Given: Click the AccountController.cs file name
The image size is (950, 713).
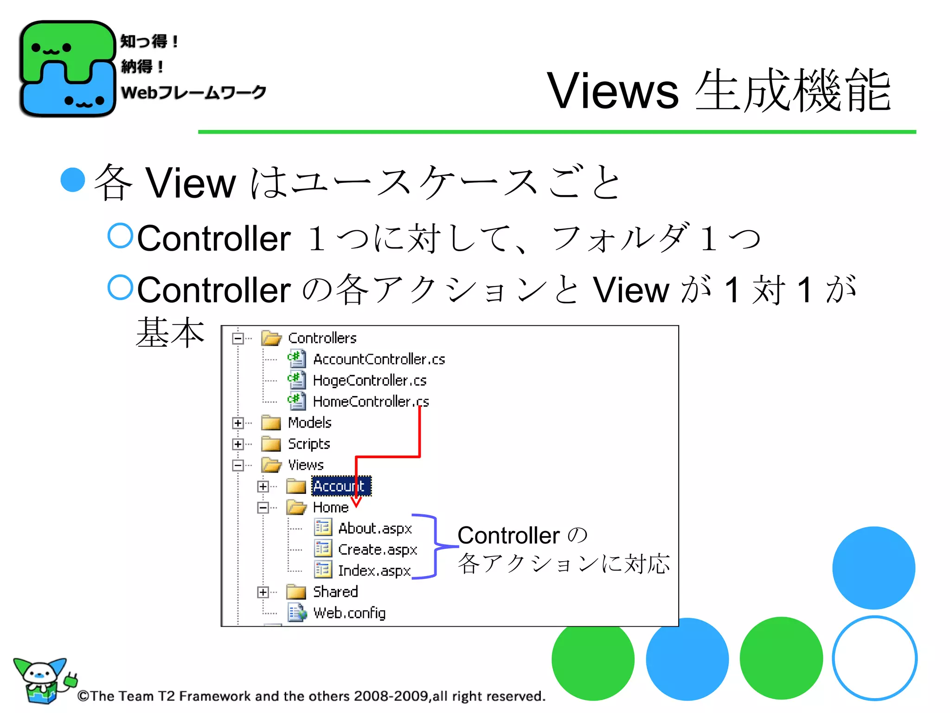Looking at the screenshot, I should (379, 359).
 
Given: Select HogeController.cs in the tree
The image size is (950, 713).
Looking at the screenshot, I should (369, 381).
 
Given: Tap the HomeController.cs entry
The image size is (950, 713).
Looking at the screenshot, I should (371, 402).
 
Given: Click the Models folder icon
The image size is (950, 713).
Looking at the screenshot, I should (271, 423).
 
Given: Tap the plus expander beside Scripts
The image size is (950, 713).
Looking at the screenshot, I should (238, 444).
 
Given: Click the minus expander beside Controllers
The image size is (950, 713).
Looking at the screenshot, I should (238, 338).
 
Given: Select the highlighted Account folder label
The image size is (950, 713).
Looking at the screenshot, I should (340, 486).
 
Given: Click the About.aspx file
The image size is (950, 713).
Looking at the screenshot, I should (375, 528).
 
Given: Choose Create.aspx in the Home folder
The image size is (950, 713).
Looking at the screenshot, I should (377, 550).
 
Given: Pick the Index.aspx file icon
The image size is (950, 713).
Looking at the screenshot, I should (323, 570).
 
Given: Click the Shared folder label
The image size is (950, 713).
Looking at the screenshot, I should (335, 592).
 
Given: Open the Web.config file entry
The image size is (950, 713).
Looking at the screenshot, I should (349, 613).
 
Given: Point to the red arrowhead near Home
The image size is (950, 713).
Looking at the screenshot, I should (356, 502).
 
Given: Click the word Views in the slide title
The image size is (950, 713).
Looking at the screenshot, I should (612, 91).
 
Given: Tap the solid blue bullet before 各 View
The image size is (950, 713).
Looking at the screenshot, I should (73, 180).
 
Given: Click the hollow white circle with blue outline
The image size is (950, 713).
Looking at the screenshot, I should (874, 658).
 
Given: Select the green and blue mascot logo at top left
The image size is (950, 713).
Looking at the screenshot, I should (67, 68).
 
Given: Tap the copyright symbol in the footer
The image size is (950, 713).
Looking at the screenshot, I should (83, 696).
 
